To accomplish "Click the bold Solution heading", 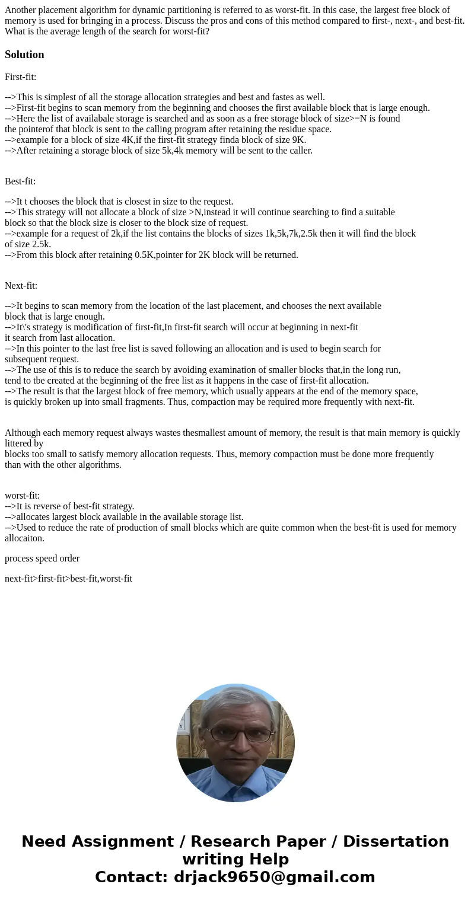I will pos(24,55).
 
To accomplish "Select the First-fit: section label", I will pos(21,77).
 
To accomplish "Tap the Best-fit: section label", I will pos(20,181).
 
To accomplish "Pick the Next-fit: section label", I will pos(21,286).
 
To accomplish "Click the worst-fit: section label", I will pos(22,496).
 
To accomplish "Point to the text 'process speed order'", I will pos(42,559).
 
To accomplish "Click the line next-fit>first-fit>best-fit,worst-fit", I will pos(68,579).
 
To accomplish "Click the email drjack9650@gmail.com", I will pos(274,878).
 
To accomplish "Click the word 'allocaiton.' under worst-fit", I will pos(24,538).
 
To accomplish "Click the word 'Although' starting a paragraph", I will pos(23,433).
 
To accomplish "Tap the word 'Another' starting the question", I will pos(21,10).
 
